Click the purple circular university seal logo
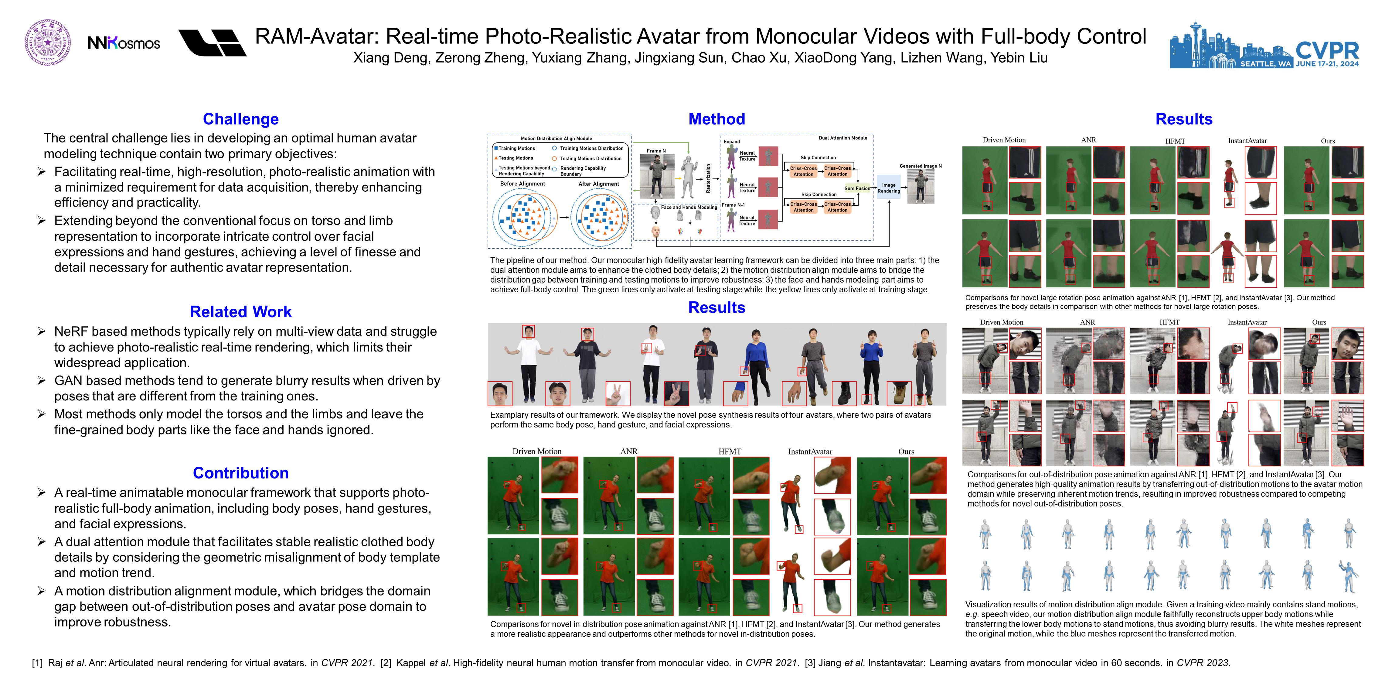[48, 43]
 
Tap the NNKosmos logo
[124, 43]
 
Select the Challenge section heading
[240, 119]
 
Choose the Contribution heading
[240, 473]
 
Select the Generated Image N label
[921, 166]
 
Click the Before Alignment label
[522, 184]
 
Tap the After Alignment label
[598, 184]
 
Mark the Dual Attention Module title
[843, 138]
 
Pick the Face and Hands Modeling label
[689, 207]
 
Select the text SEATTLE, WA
[1265, 64]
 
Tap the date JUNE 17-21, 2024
[1327, 64]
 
